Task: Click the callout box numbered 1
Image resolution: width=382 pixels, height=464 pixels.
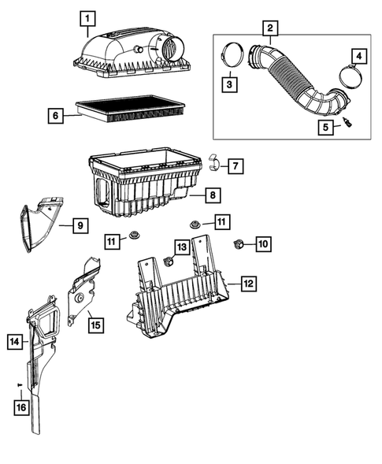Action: (x=88, y=17)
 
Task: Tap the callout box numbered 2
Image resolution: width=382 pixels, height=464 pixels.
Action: (x=271, y=29)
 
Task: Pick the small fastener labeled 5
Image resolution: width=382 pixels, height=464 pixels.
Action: (x=347, y=124)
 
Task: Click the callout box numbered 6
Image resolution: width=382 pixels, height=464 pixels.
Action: (x=54, y=116)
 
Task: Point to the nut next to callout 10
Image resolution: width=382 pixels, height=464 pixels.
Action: (x=237, y=245)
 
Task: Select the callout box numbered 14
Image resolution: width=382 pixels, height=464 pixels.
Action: (x=14, y=342)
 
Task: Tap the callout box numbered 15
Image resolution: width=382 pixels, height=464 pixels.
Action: (x=95, y=323)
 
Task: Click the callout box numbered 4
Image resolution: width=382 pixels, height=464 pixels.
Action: (x=358, y=57)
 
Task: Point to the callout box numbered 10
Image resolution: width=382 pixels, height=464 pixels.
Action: (x=262, y=245)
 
